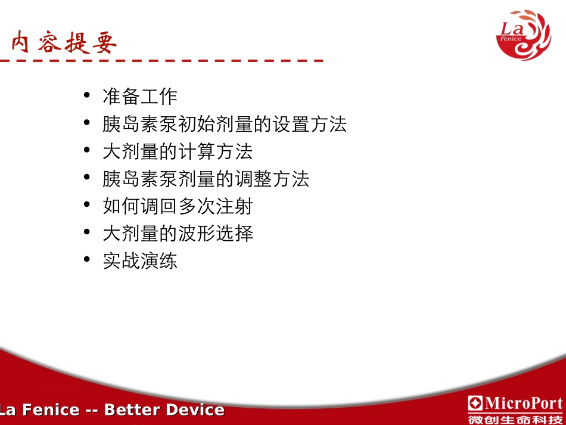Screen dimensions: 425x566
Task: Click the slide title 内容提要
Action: [x=64, y=43]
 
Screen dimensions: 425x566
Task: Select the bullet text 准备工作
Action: [x=140, y=97]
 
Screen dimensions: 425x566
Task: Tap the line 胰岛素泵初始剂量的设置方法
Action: [x=225, y=124]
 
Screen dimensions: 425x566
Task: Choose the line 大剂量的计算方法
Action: [x=178, y=151]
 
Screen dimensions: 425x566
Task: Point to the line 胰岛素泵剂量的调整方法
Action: [x=206, y=179]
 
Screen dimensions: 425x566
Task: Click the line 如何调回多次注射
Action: [x=178, y=206]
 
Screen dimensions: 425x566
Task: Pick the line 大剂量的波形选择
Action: [x=178, y=234]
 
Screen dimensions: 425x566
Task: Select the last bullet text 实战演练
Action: [x=140, y=261]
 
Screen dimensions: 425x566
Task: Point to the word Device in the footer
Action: [x=195, y=410]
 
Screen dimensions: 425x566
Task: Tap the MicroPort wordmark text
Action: [x=523, y=403]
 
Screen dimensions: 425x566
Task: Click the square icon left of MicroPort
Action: [x=475, y=403]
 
